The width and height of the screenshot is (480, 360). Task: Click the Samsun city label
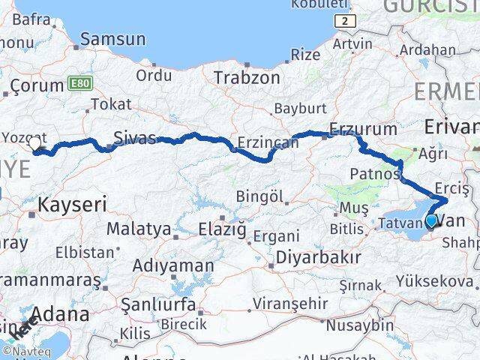(114, 38)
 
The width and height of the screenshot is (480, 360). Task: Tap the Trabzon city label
(247, 77)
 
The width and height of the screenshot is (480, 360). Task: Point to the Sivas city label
(135, 137)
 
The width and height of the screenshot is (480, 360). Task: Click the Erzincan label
(263, 142)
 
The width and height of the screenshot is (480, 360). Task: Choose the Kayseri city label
(72, 202)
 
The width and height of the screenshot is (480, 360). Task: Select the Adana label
(64, 313)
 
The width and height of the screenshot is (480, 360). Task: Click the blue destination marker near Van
(431, 220)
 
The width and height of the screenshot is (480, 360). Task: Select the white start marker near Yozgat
(34, 143)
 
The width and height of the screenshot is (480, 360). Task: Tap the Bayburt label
(298, 108)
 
